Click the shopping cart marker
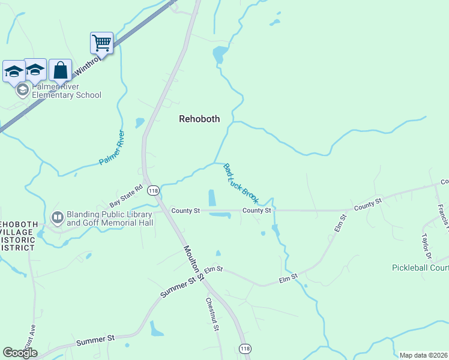101,43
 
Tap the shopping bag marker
60,70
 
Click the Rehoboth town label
199,119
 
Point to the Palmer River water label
112,148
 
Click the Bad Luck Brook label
241,183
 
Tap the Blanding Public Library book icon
58,217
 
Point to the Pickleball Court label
420,268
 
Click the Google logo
20,352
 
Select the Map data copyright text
424,355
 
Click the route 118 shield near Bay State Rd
153,190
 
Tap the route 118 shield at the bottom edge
245,349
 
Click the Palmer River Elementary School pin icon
23,91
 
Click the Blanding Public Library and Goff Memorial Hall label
110,218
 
